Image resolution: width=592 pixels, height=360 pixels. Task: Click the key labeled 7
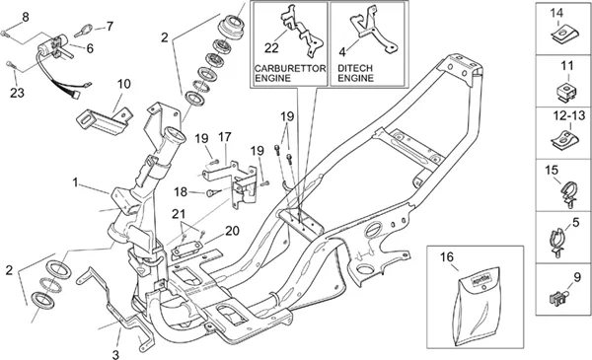(84, 31)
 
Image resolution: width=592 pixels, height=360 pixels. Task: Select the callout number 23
(17, 93)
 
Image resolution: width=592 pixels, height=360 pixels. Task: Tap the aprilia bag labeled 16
(477, 306)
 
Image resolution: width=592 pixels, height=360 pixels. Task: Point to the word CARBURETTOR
(290, 69)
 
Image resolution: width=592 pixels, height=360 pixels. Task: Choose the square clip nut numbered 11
(566, 92)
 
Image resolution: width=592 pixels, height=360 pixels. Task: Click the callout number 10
(124, 84)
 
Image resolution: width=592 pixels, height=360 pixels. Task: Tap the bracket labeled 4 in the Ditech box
(374, 30)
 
